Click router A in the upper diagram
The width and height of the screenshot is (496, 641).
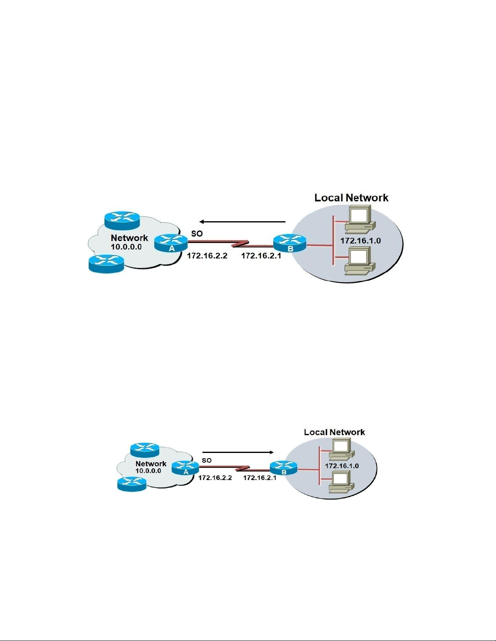pyautogui.click(x=171, y=243)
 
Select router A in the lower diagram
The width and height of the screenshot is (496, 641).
pyautogui.click(x=185, y=468)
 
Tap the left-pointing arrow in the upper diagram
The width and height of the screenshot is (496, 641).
pyautogui.click(x=242, y=222)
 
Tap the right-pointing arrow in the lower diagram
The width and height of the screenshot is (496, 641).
pyautogui.click(x=238, y=452)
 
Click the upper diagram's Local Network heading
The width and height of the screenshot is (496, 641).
pyautogui.click(x=351, y=198)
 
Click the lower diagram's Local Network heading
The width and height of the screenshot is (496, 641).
pyautogui.click(x=334, y=432)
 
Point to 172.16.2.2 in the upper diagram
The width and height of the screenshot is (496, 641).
pyautogui.click(x=207, y=256)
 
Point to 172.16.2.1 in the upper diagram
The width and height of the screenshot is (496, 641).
pyautogui.click(x=261, y=256)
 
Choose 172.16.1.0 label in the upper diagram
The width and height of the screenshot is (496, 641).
pyautogui.click(x=360, y=241)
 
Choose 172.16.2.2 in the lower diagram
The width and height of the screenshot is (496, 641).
pyautogui.click(x=215, y=478)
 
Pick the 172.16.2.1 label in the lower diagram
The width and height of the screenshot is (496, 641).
pyautogui.click(x=260, y=478)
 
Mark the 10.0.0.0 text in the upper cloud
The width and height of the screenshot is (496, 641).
pyautogui.click(x=126, y=247)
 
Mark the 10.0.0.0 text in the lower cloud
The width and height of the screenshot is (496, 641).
pyautogui.click(x=148, y=471)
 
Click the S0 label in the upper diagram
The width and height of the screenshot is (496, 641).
pyautogui.click(x=197, y=234)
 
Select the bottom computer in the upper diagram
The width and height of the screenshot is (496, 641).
pyautogui.click(x=360, y=261)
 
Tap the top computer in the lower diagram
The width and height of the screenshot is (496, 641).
pyautogui.click(x=341, y=449)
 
